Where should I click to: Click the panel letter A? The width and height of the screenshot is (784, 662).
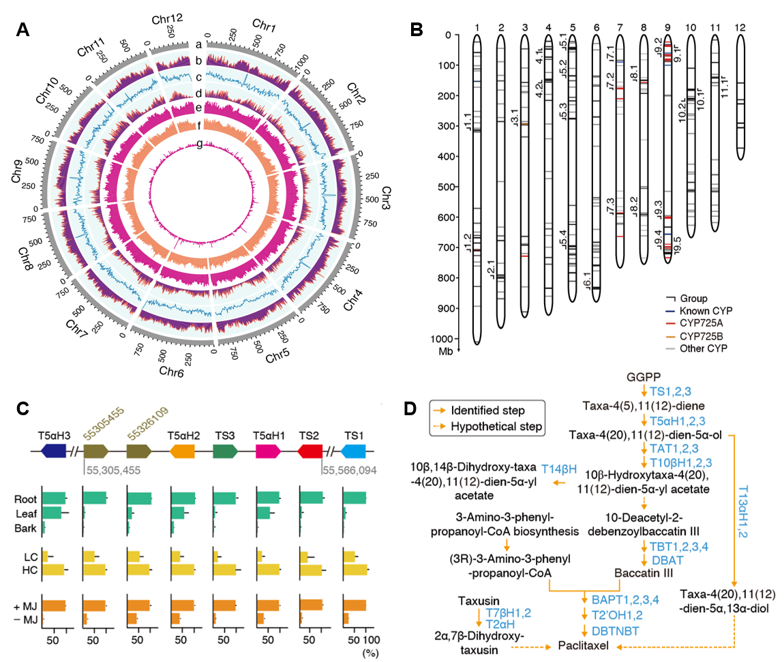[23, 31]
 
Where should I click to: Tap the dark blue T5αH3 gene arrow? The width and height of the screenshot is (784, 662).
[54, 451]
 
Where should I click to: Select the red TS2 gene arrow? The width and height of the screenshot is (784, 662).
[310, 451]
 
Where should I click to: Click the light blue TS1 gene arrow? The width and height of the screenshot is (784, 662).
[354, 451]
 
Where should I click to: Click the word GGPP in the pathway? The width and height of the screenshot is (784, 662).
[644, 377]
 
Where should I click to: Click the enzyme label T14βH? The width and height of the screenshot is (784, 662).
[559, 468]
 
